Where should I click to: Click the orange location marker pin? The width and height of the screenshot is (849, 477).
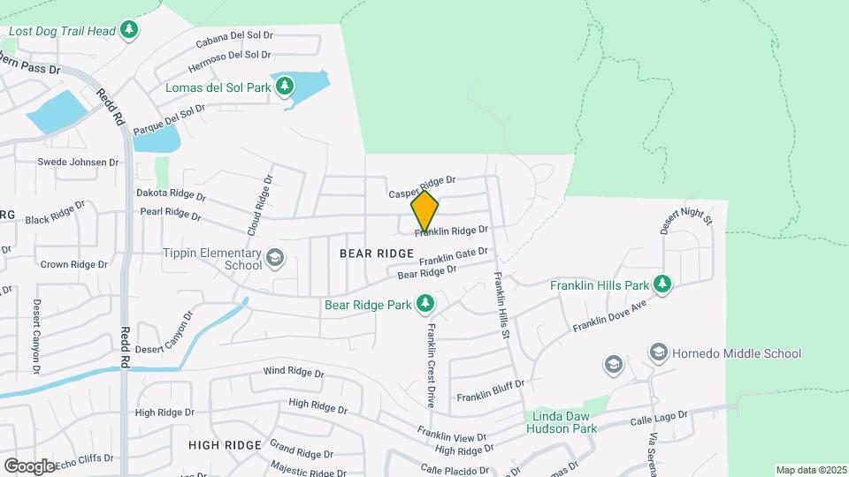point(425,211)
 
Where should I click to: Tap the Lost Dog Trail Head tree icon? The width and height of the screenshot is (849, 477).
point(130,31)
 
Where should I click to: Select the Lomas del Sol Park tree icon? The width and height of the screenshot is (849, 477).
point(284,87)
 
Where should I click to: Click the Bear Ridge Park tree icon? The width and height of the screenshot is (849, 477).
point(425,304)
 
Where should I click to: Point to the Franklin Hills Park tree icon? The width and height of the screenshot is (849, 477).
point(661,284)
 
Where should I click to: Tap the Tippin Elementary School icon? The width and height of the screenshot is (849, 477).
point(274,258)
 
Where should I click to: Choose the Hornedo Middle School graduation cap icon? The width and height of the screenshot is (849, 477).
point(658,353)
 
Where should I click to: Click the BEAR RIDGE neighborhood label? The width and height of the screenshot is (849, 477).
point(377,254)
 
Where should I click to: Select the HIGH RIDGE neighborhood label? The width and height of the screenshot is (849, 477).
point(225,444)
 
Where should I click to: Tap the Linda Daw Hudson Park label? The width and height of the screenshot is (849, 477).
point(562,422)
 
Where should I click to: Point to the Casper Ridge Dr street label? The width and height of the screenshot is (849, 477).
point(421,186)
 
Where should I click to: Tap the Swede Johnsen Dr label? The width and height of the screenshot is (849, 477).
point(78,163)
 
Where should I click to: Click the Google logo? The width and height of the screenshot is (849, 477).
point(29,466)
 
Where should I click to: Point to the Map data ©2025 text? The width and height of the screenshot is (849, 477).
point(810,470)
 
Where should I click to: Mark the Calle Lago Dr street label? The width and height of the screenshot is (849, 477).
point(659,418)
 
